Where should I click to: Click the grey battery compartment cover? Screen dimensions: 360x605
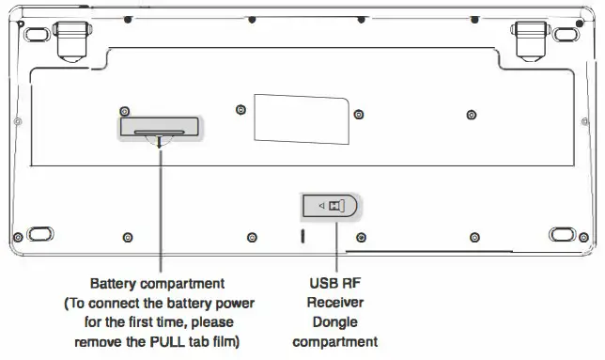pyautogui.click(x=159, y=126)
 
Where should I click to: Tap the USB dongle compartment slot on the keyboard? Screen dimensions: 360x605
pyautogui.click(x=330, y=206)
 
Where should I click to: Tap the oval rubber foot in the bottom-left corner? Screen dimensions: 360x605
pyautogui.click(x=39, y=233)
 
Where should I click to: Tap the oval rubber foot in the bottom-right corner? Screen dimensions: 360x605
pyautogui.click(x=563, y=233)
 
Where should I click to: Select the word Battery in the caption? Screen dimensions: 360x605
pyautogui.click(x=114, y=283)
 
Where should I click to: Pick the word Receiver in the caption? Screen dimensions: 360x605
pyautogui.click(x=334, y=303)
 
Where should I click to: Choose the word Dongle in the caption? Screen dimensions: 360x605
pyautogui.click(x=334, y=322)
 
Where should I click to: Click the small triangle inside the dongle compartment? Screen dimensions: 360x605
pyautogui.click(x=319, y=206)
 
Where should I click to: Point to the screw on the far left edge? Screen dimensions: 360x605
pyautogui.click(x=18, y=122)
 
